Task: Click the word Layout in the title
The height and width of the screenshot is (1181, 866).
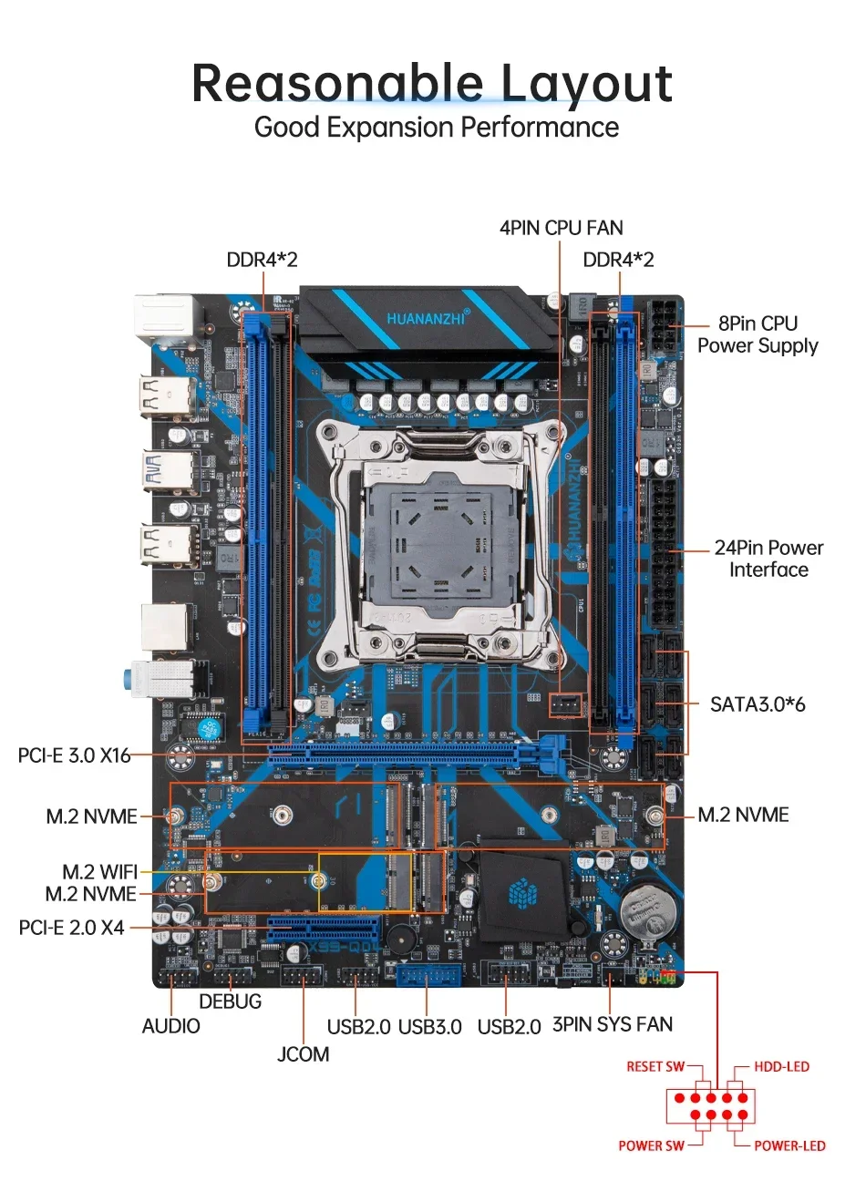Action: click(587, 84)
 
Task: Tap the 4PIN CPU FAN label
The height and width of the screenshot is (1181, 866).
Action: click(561, 228)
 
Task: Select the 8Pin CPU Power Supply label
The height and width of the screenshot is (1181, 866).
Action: click(758, 334)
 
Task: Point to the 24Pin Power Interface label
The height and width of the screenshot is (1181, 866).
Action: click(768, 559)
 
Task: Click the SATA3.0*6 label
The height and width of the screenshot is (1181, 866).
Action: click(758, 704)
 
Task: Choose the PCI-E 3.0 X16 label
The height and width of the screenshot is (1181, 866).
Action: click(74, 755)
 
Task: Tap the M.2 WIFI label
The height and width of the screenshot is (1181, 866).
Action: click(99, 872)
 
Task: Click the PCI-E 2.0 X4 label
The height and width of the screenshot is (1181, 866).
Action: click(71, 928)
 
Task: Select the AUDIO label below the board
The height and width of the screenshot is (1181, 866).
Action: click(170, 1026)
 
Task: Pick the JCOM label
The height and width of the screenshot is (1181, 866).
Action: click(303, 1054)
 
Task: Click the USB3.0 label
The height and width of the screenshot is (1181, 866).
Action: click(430, 1027)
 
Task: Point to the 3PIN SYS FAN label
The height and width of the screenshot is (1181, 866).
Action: click(613, 1024)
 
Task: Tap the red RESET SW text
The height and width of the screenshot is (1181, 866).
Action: click(655, 1067)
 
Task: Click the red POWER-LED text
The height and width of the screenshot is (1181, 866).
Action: click(789, 1146)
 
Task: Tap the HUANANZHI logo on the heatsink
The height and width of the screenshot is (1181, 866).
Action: click(428, 318)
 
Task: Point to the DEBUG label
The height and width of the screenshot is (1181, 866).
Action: click(230, 1001)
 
